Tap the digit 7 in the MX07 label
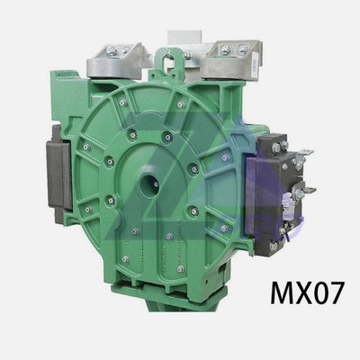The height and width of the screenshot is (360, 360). pyautogui.click(x=334, y=293)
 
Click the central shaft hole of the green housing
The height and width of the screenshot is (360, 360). pyautogui.click(x=150, y=184)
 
